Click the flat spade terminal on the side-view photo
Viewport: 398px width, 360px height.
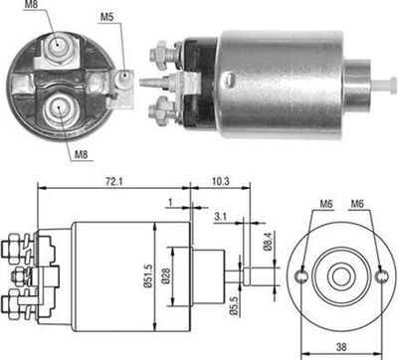[149, 84]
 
